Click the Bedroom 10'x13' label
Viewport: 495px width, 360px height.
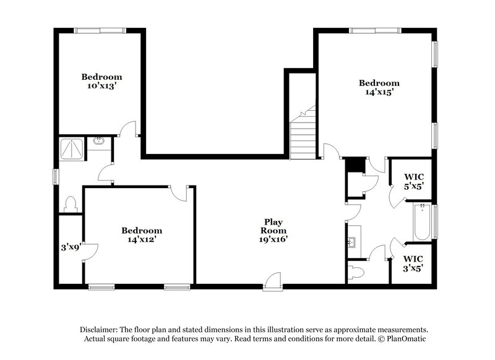(101, 82)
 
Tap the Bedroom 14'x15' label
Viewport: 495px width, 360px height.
(379, 87)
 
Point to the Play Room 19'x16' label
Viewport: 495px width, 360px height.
(273, 230)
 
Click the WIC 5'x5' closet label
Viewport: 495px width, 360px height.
(413, 180)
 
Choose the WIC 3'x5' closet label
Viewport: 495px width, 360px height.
(413, 263)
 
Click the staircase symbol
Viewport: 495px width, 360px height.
(303, 133)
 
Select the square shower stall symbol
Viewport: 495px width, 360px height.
(72, 148)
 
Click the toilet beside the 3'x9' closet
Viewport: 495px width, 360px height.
(70, 204)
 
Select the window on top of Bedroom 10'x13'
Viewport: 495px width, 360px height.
(101, 29)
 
